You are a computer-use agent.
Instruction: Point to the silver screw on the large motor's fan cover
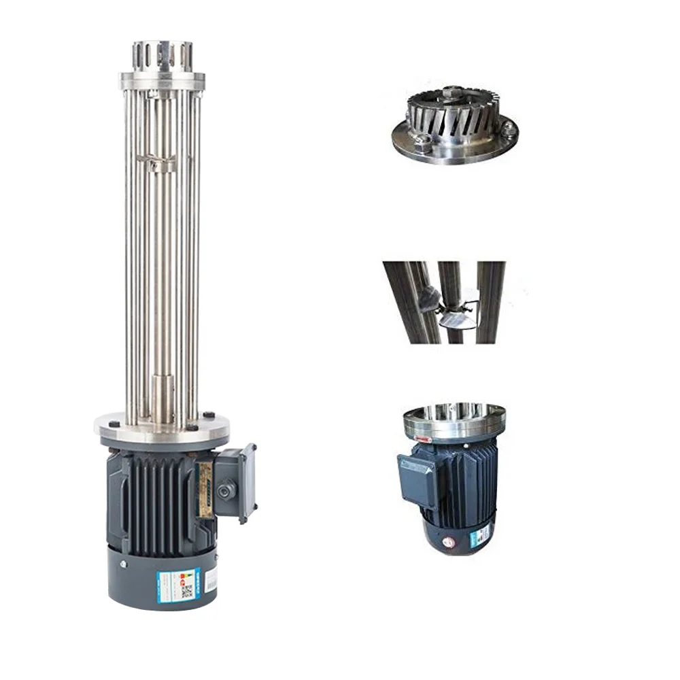coord(124,564)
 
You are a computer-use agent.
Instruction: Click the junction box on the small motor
coord(417,479)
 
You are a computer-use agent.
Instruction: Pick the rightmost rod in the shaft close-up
coord(490,303)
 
